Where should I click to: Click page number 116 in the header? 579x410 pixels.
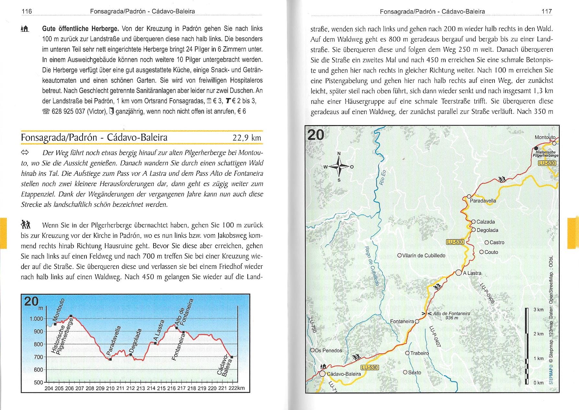(x=27, y=11)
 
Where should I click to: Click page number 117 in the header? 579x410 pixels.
(x=547, y=11)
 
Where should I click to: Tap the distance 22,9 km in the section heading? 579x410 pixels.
(x=247, y=138)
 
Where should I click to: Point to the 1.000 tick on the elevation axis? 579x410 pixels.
(x=36, y=319)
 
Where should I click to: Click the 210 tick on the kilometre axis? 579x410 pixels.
(x=110, y=388)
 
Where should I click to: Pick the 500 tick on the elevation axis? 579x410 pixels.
(x=38, y=382)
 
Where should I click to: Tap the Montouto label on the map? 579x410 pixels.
(x=545, y=137)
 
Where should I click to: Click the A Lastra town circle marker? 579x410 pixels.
(x=459, y=273)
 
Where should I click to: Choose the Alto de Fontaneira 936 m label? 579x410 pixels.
(x=451, y=315)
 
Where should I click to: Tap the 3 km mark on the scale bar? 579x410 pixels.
(x=539, y=310)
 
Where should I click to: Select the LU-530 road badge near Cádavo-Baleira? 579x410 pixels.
(x=369, y=367)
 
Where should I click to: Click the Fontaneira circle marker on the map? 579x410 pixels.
(x=417, y=321)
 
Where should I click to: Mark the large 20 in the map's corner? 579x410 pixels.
(x=316, y=134)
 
